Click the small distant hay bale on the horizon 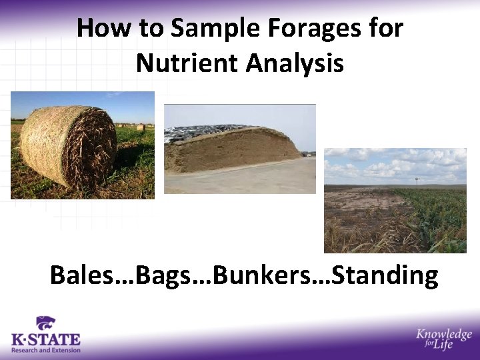140,127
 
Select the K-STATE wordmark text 45,339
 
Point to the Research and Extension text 45,350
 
